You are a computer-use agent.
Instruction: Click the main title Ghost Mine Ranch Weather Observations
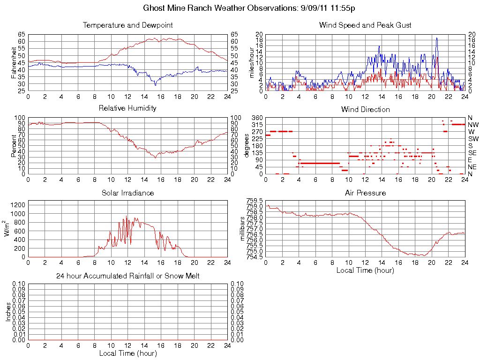coord(249,8)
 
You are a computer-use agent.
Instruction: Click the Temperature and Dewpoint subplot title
coord(127,25)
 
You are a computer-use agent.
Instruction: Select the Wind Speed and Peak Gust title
coord(365,25)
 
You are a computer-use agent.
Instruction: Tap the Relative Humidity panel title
coord(127,108)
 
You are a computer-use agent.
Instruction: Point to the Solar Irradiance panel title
coord(127,193)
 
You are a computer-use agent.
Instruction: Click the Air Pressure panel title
coord(365,193)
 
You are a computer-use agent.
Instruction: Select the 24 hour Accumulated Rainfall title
coord(127,276)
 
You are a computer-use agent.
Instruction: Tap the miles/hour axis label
coord(252,62)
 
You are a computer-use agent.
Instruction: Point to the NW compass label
coord(473,125)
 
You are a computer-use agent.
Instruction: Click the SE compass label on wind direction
coord(472,153)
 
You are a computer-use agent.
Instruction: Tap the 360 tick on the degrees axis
coord(256,117)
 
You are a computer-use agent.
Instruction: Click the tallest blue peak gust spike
coord(436,38)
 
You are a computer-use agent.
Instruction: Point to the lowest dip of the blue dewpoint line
coord(156,85)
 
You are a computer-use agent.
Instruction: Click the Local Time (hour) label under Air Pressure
coord(365,270)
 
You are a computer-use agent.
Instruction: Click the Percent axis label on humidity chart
coord(14,145)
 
